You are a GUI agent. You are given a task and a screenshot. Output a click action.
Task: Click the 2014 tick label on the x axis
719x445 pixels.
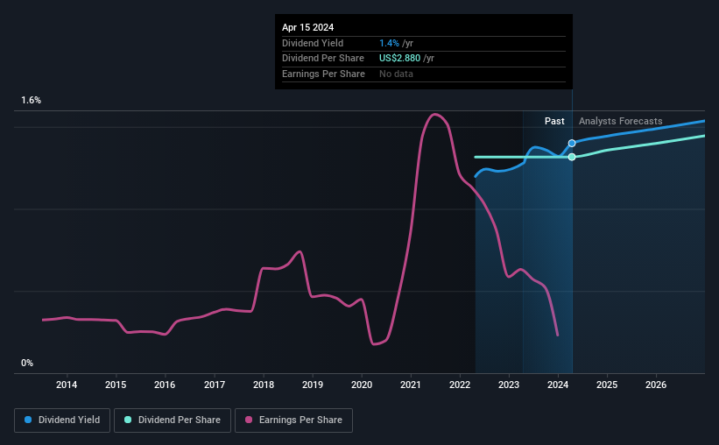[x=67, y=385]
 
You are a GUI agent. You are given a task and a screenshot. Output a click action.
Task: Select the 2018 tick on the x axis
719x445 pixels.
[x=264, y=385]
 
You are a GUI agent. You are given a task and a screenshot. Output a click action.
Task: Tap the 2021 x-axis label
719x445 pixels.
[x=412, y=385]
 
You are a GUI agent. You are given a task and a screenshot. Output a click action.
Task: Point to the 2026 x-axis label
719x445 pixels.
[x=657, y=385]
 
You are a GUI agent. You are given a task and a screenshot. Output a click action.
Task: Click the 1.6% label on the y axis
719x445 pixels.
[x=32, y=101]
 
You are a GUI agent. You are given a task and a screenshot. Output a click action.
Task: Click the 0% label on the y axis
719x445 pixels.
[x=27, y=363]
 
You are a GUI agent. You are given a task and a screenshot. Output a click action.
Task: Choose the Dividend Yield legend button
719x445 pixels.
[x=62, y=420]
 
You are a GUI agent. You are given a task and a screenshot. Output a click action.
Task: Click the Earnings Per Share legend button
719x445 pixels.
[x=293, y=420]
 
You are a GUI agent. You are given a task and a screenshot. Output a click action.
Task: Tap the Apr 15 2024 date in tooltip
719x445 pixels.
[x=307, y=27]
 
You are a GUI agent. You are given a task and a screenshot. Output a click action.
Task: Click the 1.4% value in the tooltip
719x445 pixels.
[x=389, y=43]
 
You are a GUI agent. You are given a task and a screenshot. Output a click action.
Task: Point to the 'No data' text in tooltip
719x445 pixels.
[x=396, y=74]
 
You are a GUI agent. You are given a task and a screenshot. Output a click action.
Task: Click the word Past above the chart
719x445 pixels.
[x=554, y=121]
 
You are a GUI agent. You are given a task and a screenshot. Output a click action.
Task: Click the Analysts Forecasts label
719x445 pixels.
[x=620, y=121]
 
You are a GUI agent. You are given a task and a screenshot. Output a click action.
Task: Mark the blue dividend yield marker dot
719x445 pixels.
[x=572, y=143]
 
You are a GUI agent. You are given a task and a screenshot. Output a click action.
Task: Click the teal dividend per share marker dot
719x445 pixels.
[x=572, y=157]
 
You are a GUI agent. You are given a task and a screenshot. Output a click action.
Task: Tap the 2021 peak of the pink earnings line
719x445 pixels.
[x=434, y=114]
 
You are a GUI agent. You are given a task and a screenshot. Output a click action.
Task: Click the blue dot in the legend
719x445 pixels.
[x=28, y=420]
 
